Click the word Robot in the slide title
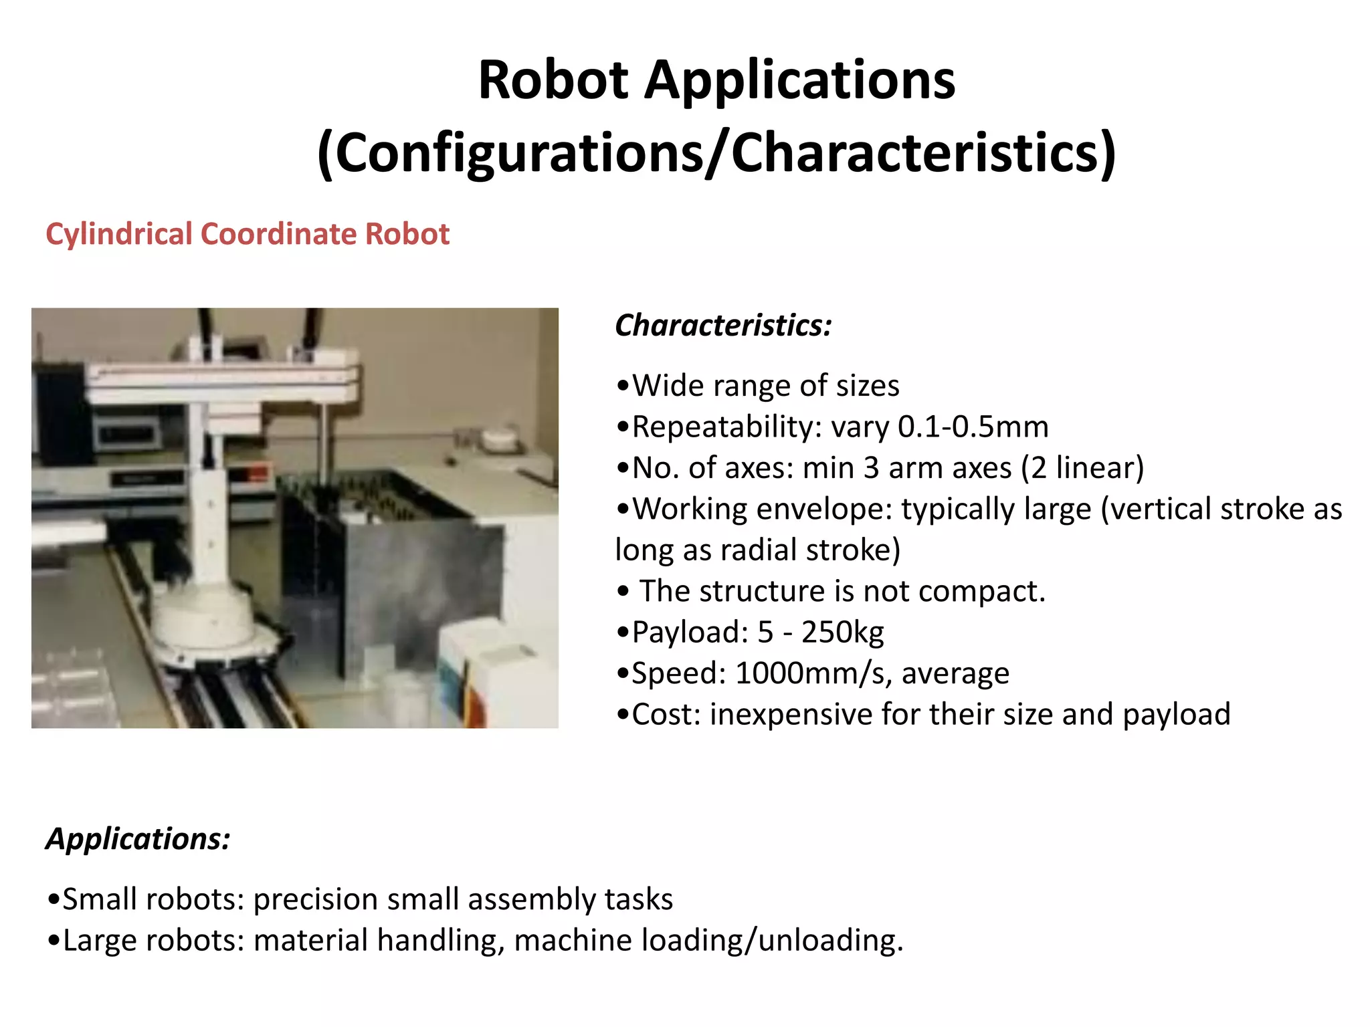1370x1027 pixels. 553,80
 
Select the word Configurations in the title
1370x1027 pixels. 518,153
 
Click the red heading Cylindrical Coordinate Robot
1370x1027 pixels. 248,234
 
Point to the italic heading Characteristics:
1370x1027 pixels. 723,326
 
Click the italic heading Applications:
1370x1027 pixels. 138,838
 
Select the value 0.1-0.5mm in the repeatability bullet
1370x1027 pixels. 973,427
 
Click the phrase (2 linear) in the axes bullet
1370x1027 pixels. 1082,468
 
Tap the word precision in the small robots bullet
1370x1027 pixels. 315,899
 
